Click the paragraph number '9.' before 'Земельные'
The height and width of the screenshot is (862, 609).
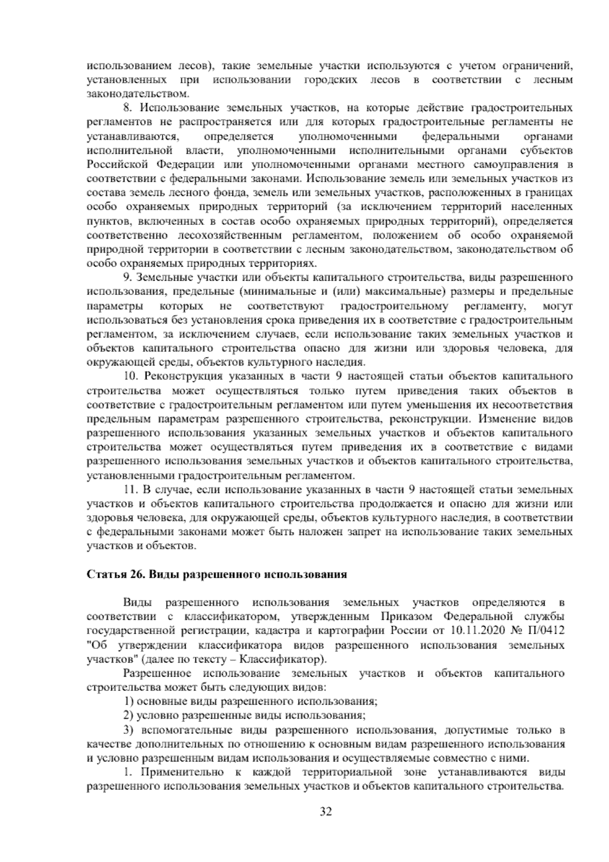[x=127, y=278]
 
